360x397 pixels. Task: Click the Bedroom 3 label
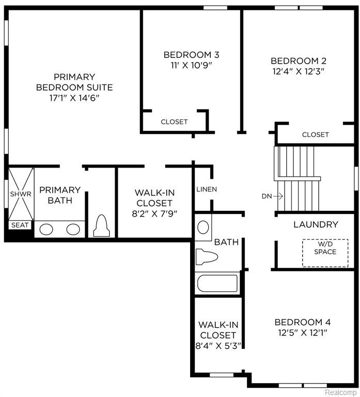click(x=191, y=55)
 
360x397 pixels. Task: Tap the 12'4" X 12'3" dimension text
click(x=298, y=71)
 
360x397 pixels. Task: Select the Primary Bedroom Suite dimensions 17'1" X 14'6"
click(x=74, y=98)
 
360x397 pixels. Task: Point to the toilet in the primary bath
click(x=101, y=226)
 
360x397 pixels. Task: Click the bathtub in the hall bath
click(x=217, y=283)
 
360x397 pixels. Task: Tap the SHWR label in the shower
click(x=21, y=194)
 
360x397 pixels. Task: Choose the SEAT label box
click(x=20, y=225)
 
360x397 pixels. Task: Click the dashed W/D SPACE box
click(x=325, y=253)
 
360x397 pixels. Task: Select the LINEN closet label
click(x=207, y=189)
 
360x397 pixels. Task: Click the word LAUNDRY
click(x=316, y=224)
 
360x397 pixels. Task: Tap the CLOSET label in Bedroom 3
click(x=174, y=122)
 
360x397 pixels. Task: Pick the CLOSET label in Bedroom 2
click(x=316, y=134)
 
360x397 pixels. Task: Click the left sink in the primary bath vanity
click(x=46, y=230)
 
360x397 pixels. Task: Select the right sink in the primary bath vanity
click(x=73, y=230)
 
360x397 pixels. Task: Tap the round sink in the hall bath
click(x=203, y=227)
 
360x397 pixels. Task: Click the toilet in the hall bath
click(x=207, y=257)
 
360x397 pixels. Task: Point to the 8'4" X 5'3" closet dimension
click(x=218, y=346)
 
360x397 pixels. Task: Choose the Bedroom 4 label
click(x=303, y=322)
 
